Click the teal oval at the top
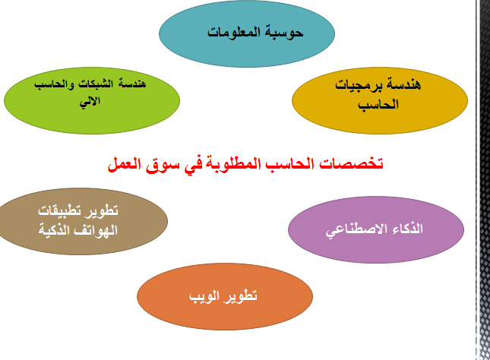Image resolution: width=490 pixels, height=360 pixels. pos(247,33)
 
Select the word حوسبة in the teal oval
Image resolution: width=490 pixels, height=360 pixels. pos(284,33)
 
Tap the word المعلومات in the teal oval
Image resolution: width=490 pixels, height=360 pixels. pos(234,32)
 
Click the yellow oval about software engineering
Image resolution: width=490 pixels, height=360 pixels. pos(380,100)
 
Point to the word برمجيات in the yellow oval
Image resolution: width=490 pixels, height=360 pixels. pos(359,85)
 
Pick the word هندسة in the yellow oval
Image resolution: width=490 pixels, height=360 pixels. pos(403,84)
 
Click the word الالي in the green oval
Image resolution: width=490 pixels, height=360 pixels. pos(90,102)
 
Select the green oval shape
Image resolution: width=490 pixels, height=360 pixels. pos(92,100)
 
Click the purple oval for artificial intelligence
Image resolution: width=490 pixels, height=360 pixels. pos(376,229)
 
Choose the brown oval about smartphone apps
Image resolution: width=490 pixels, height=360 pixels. pos(83,221)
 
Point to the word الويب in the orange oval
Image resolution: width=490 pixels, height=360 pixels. pos(204,296)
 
